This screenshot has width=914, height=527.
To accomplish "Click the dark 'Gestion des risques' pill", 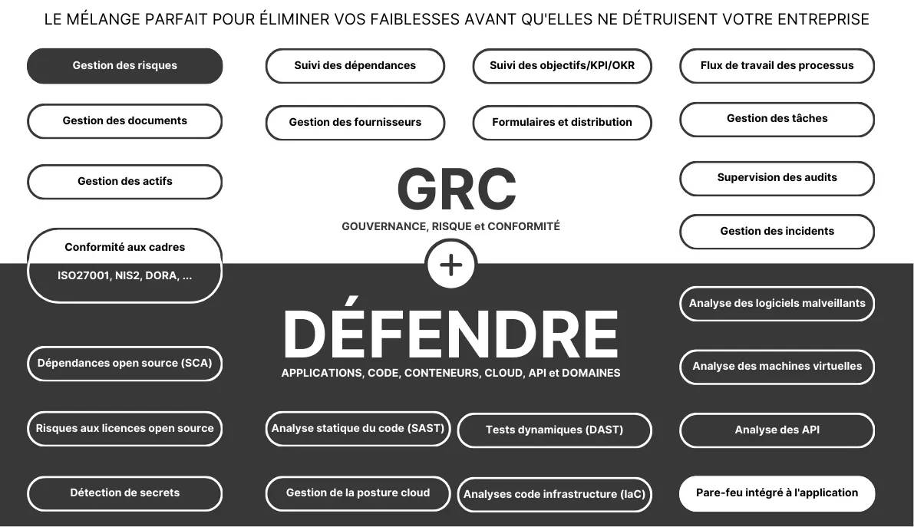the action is click(125, 66).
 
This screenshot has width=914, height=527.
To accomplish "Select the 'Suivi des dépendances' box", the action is click(355, 66).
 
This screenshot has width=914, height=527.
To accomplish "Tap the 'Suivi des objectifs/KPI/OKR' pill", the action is click(562, 66).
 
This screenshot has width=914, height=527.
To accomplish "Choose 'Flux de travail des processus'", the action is click(777, 66).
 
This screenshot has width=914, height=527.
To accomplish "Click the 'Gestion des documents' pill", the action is click(125, 121).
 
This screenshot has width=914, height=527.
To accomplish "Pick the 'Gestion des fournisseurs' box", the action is click(355, 123).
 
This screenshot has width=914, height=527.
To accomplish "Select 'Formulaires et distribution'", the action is click(562, 123).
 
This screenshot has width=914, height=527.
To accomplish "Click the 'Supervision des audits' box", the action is click(777, 179).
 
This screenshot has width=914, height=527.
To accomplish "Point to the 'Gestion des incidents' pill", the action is click(777, 232).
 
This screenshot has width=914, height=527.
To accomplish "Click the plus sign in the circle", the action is click(451, 265).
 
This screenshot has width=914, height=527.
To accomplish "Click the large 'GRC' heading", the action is click(457, 189).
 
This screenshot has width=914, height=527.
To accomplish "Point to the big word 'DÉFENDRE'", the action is click(450, 333).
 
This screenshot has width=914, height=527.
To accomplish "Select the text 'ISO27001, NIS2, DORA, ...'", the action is click(125, 275).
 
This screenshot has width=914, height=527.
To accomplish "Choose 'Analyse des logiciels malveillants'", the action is click(777, 304).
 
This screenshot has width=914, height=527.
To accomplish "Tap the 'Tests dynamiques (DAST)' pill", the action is click(554, 430).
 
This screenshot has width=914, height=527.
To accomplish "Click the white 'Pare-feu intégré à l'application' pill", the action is click(777, 493).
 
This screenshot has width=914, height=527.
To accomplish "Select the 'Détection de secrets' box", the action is click(125, 494).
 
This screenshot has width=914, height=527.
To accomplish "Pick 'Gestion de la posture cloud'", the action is click(358, 494).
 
